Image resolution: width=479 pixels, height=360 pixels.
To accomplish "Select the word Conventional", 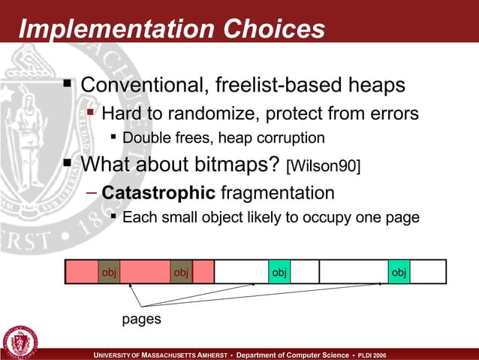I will (x=140, y=84).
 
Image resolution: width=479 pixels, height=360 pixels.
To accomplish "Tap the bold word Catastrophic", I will (x=158, y=193).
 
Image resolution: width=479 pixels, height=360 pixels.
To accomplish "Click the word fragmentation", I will (x=276, y=193).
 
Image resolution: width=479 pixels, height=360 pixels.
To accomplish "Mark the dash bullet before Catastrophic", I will (x=91, y=192).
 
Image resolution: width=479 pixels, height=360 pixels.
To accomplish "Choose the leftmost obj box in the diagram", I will (x=109, y=271).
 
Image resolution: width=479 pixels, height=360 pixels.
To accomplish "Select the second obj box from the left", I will (x=181, y=271).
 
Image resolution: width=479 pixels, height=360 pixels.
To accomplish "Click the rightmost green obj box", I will (x=399, y=271).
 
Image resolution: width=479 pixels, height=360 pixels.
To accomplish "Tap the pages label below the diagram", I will (x=141, y=319).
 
